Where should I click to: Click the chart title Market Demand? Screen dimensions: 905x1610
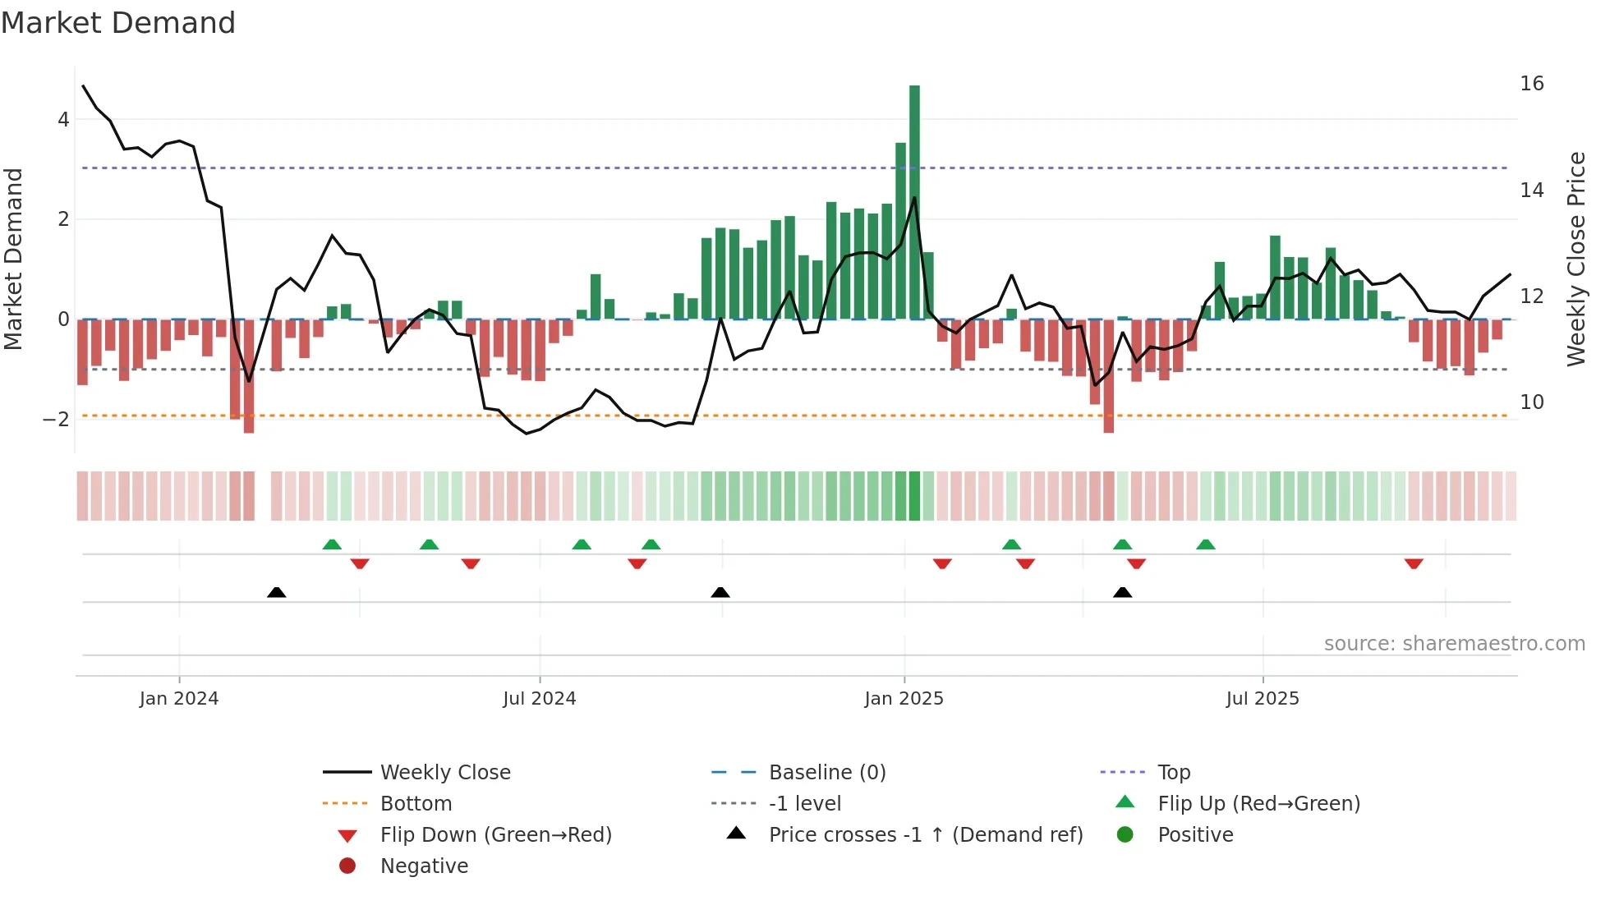[118, 23]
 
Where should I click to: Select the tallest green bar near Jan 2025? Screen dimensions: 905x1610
[914, 201]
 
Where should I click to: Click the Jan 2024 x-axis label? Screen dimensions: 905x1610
[179, 699]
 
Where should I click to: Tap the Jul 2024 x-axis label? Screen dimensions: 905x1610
[540, 699]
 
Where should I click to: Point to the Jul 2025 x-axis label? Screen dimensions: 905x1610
[1263, 699]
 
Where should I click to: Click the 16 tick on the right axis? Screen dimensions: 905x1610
[1531, 84]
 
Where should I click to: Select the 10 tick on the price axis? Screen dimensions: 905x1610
[1531, 402]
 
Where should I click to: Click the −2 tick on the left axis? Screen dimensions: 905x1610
[56, 420]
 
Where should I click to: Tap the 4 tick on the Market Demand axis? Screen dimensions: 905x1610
[63, 120]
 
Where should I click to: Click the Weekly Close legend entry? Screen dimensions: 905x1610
[445, 773]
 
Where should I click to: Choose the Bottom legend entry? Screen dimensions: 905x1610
[416, 804]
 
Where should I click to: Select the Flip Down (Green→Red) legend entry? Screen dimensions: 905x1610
[495, 835]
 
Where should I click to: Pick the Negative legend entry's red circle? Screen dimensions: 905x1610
[347, 866]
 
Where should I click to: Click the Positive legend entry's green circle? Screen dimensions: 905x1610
[1125, 835]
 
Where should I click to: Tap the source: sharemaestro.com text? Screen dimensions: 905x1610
[1454, 644]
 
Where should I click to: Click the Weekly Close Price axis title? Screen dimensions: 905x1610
[1575, 259]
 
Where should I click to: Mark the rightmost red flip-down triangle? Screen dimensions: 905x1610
[1414, 564]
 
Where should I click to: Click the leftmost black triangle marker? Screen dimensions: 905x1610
[277, 592]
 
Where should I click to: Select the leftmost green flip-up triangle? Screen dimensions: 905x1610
[332, 544]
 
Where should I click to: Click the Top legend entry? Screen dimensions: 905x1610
[1174, 773]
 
